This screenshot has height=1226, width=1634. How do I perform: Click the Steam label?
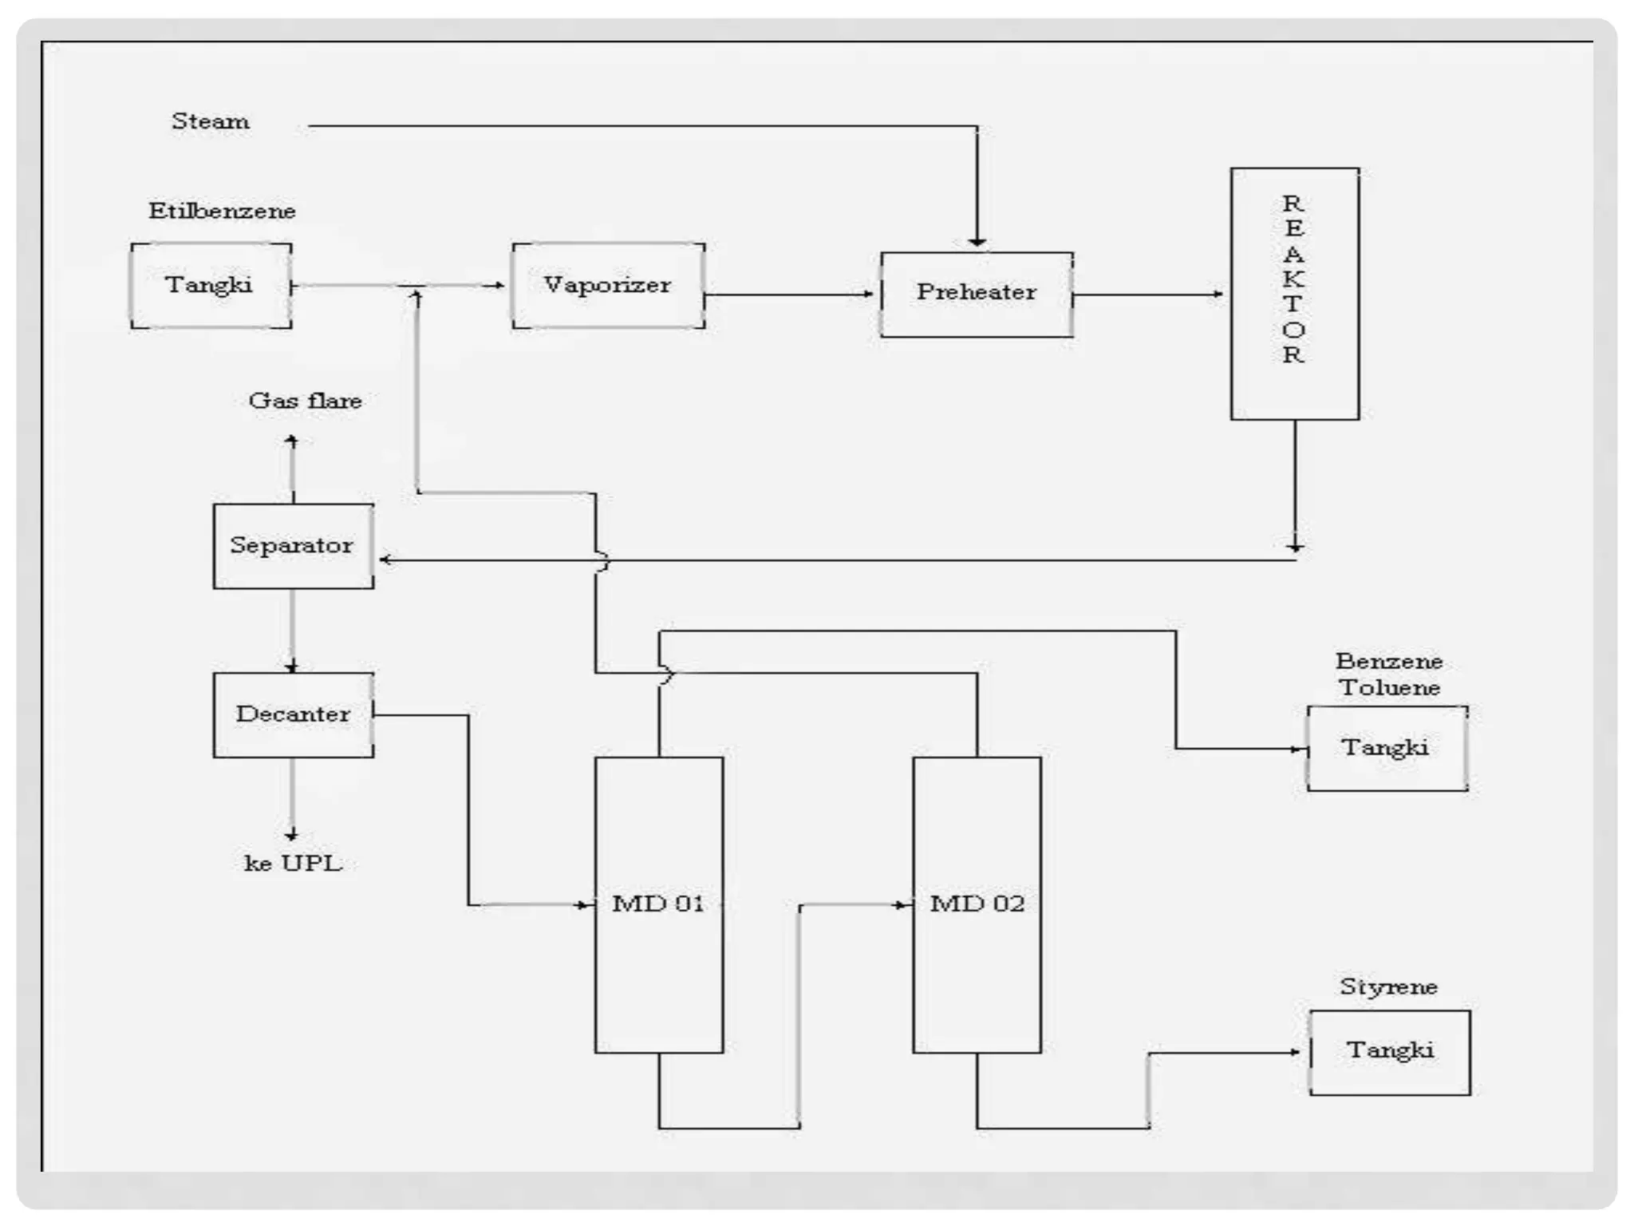pyautogui.click(x=211, y=122)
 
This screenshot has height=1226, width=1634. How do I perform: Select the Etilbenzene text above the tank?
pyautogui.click(x=222, y=212)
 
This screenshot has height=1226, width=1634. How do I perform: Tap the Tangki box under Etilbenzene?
pyautogui.click(x=211, y=286)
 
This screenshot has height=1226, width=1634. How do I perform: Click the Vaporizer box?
pyautogui.click(x=608, y=286)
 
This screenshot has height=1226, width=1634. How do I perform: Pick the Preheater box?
pyautogui.click(x=976, y=295)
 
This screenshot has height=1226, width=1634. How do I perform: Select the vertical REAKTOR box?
pyautogui.click(x=1294, y=293)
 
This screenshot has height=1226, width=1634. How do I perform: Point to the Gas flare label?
pyautogui.click(x=305, y=401)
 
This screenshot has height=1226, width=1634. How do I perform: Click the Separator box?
pyautogui.click(x=293, y=546)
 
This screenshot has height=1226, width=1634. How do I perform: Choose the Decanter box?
pyautogui.click(x=293, y=714)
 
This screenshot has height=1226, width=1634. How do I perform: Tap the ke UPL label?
pyautogui.click(x=293, y=864)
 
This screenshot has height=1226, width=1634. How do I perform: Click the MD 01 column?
pyautogui.click(x=659, y=904)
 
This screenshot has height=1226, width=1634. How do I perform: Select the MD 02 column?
pyautogui.click(x=977, y=904)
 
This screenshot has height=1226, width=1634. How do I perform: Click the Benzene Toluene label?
pyautogui.click(x=1389, y=674)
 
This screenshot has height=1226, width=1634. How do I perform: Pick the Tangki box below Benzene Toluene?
pyautogui.click(x=1387, y=748)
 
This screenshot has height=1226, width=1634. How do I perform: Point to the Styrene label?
pyautogui.click(x=1388, y=987)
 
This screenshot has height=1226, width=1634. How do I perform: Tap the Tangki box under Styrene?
pyautogui.click(x=1389, y=1052)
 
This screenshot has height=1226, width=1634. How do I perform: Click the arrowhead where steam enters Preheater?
pyautogui.click(x=977, y=242)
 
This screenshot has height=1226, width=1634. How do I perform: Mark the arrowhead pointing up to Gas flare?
pyautogui.click(x=292, y=441)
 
